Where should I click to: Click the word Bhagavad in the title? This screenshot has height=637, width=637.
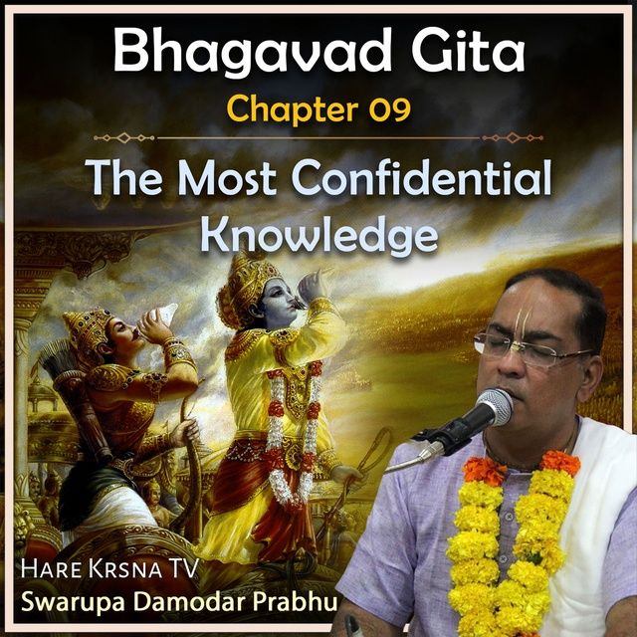coord(252,53)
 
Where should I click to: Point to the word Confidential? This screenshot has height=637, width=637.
coord(421,177)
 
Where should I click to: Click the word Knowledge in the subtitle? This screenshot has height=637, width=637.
coord(319,236)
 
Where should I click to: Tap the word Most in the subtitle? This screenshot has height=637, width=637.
coord(227,178)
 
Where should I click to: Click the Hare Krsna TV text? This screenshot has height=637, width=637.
coord(109,568)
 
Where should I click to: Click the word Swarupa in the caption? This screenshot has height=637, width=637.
coord(73,603)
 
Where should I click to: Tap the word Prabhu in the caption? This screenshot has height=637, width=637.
coord(295,601)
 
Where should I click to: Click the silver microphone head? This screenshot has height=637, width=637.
coord(494,407)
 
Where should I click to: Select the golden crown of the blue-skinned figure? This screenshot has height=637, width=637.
coord(244,286)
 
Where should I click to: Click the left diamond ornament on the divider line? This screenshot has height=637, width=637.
coord(124,138)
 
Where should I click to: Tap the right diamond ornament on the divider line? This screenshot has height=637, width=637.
coord(513,138)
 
